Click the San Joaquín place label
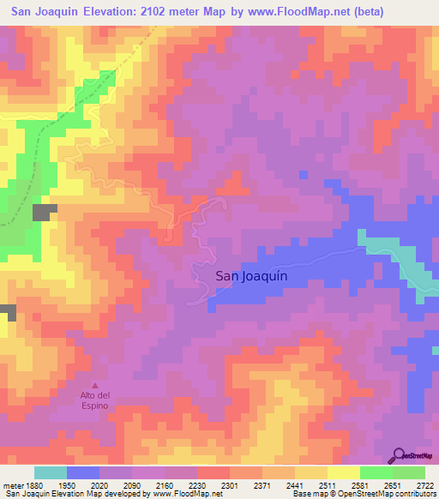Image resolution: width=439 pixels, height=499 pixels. click(x=250, y=276)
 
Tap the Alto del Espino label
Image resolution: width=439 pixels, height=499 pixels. click(x=94, y=400)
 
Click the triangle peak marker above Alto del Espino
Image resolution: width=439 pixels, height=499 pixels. click(x=94, y=385)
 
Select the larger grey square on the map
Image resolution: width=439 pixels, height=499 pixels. click(x=45, y=213)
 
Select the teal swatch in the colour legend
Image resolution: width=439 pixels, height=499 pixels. click(x=50, y=472)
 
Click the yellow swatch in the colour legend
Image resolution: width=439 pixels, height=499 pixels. click(x=343, y=472)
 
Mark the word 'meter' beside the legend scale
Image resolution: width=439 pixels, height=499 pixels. click(x=12, y=484)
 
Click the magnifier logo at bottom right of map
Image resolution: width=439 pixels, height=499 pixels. click(x=399, y=455)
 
